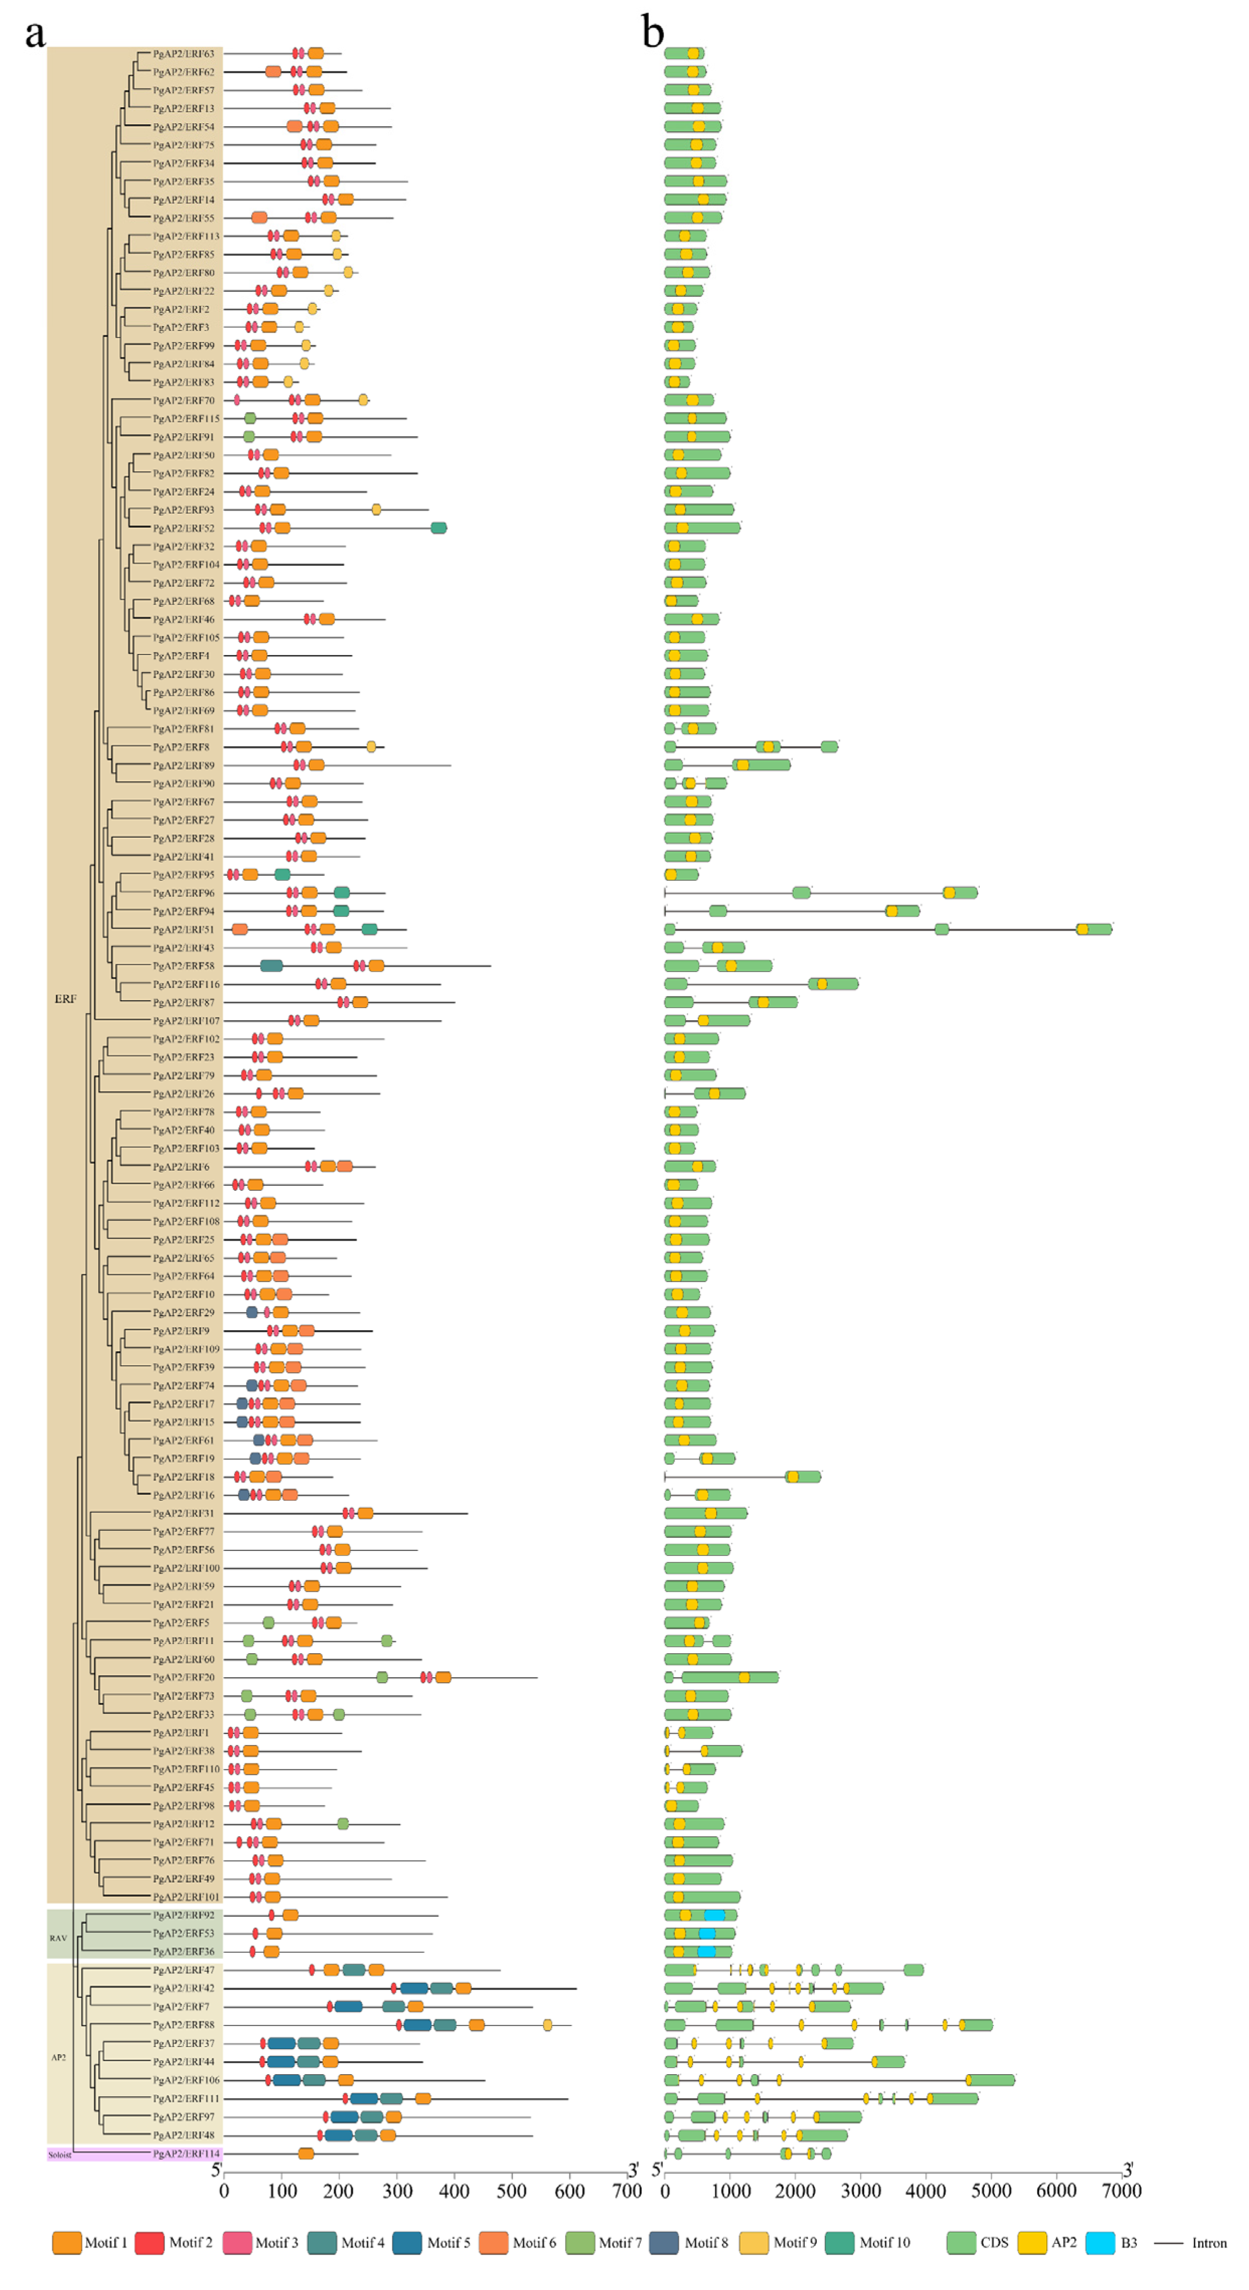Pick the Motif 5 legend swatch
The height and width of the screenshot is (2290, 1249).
[407, 2242]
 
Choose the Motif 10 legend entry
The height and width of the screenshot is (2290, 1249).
[839, 2242]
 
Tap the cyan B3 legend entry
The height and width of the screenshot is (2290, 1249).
[1100, 2242]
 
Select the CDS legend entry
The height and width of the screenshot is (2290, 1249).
[962, 2242]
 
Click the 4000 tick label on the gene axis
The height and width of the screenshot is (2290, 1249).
[926, 2190]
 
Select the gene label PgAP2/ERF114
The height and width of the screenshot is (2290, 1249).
[186, 2153]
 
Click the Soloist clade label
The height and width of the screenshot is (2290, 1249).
[59, 2155]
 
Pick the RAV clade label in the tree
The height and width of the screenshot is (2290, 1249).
[58, 1937]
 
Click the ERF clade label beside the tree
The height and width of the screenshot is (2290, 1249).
[65, 998]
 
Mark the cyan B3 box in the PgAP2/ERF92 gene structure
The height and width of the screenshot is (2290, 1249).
[714, 1915]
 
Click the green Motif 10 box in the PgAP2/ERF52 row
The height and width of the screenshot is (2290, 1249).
[438, 528]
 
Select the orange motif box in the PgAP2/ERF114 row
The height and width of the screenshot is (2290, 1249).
[306, 2153]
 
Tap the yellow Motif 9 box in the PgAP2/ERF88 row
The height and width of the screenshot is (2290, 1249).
[548, 2025]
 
